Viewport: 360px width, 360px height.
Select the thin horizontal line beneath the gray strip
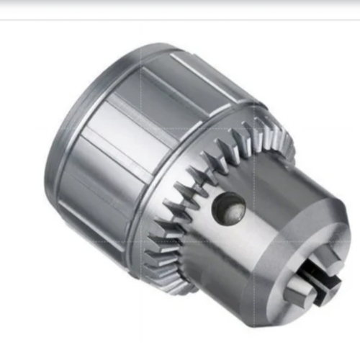[x=180, y=19]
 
